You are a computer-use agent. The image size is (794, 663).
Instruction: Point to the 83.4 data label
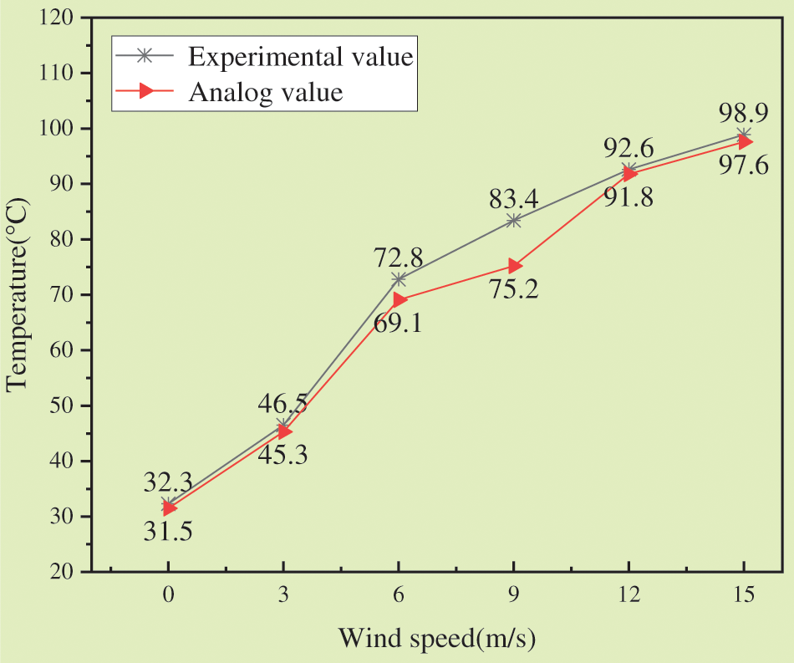pyautogui.click(x=515, y=199)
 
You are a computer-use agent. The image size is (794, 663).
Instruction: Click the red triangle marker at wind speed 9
pyautogui.click(x=514, y=266)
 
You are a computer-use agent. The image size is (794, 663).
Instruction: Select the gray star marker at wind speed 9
pyautogui.click(x=514, y=220)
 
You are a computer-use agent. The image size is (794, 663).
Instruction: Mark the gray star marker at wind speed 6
pyautogui.click(x=399, y=278)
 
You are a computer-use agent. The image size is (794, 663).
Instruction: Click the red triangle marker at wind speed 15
pyautogui.click(x=744, y=142)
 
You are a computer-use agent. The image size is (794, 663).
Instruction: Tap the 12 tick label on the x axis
pyautogui.click(x=629, y=595)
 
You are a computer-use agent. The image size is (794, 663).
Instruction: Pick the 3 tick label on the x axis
pyautogui.click(x=283, y=595)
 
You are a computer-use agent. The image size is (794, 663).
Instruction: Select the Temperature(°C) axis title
pyautogui.click(x=18, y=294)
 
